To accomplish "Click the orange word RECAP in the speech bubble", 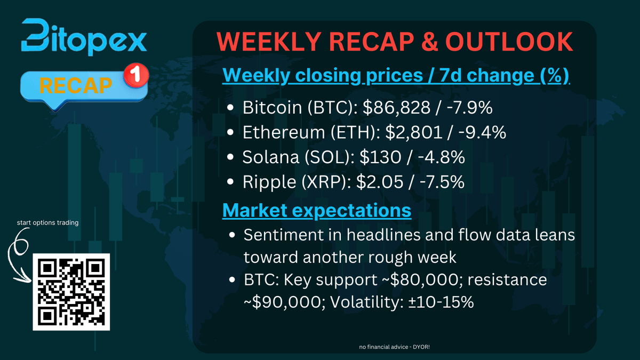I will click(76, 85).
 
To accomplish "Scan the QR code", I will click(71, 292).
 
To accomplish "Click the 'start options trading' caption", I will click(47, 222).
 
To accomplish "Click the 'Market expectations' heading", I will click(317, 210).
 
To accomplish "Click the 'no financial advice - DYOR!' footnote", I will click(395, 347).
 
